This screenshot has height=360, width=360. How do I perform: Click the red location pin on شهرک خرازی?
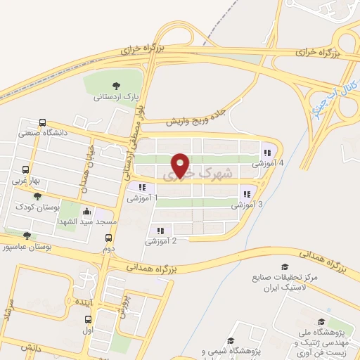[x=181, y=165]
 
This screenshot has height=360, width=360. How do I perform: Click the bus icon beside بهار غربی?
[x=26, y=169]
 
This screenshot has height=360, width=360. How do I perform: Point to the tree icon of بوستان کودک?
[x=27, y=196]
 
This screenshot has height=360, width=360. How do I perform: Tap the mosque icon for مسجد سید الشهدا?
[x=86, y=210]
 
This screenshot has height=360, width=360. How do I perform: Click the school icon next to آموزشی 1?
[x=142, y=187]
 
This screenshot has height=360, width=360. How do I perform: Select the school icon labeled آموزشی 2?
[x=160, y=230]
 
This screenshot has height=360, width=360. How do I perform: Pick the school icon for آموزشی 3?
[x=246, y=194]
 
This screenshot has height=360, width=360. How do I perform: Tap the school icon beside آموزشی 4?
[x=266, y=152]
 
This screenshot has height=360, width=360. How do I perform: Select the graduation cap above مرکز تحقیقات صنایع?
[x=285, y=266]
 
